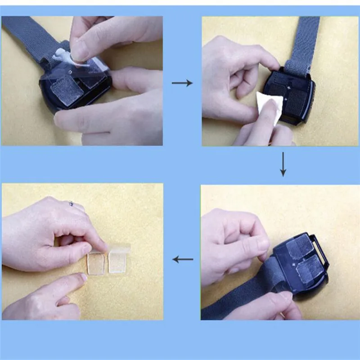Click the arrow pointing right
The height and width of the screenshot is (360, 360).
point(182,83)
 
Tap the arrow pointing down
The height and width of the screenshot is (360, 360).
point(283,164)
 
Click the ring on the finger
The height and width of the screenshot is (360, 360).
point(71,203)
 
